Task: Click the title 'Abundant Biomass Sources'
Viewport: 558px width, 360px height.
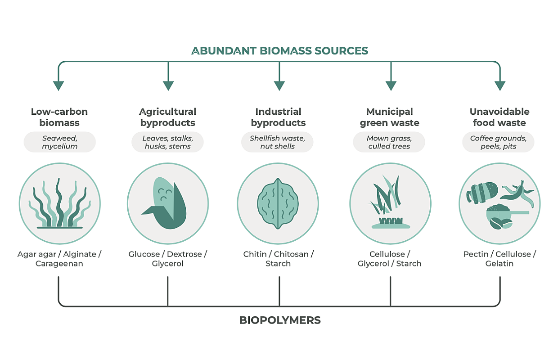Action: pyautogui.click(x=279, y=50)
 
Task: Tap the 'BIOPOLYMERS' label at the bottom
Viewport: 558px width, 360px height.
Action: pyautogui.click(x=279, y=320)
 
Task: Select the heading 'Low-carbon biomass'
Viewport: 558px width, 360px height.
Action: pyautogui.click(x=59, y=117)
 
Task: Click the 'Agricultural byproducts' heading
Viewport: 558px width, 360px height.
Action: pyautogui.click(x=168, y=117)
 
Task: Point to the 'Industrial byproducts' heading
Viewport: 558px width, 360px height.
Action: pyautogui.click(x=278, y=117)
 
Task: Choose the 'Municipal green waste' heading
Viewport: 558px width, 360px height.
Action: pyautogui.click(x=389, y=117)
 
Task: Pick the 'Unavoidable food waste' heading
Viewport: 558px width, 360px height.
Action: pyautogui.click(x=499, y=117)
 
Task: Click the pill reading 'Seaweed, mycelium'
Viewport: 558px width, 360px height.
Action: pyautogui.click(x=60, y=142)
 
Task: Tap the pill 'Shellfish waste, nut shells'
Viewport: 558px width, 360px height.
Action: pyautogui.click(x=277, y=142)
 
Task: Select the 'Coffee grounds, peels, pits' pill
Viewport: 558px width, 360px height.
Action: pyautogui.click(x=498, y=142)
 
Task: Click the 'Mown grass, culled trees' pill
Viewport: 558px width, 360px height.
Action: pyautogui.click(x=389, y=142)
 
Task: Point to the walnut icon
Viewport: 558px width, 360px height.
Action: pyautogui.click(x=278, y=203)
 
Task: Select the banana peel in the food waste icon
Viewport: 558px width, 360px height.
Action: pyautogui.click(x=517, y=191)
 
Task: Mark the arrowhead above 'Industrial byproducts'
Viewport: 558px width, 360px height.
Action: pyautogui.click(x=279, y=85)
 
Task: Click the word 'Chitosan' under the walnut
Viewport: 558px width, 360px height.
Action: pyautogui.click(x=291, y=254)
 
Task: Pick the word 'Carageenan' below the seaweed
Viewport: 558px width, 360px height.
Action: pyautogui.click(x=59, y=264)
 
